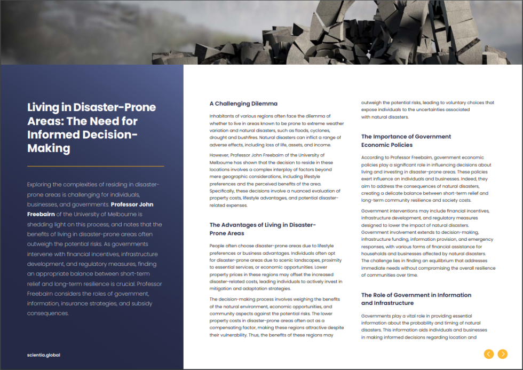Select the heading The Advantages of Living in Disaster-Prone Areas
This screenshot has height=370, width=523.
(x=262, y=229)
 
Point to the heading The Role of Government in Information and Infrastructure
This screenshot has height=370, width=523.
(x=416, y=298)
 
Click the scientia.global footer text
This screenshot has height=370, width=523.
(x=44, y=355)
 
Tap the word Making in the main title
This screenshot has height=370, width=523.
(x=49, y=148)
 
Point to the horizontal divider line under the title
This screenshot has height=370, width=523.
(x=96, y=167)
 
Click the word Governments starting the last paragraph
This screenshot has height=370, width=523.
(x=377, y=316)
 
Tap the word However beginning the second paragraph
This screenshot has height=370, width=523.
(x=220, y=155)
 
